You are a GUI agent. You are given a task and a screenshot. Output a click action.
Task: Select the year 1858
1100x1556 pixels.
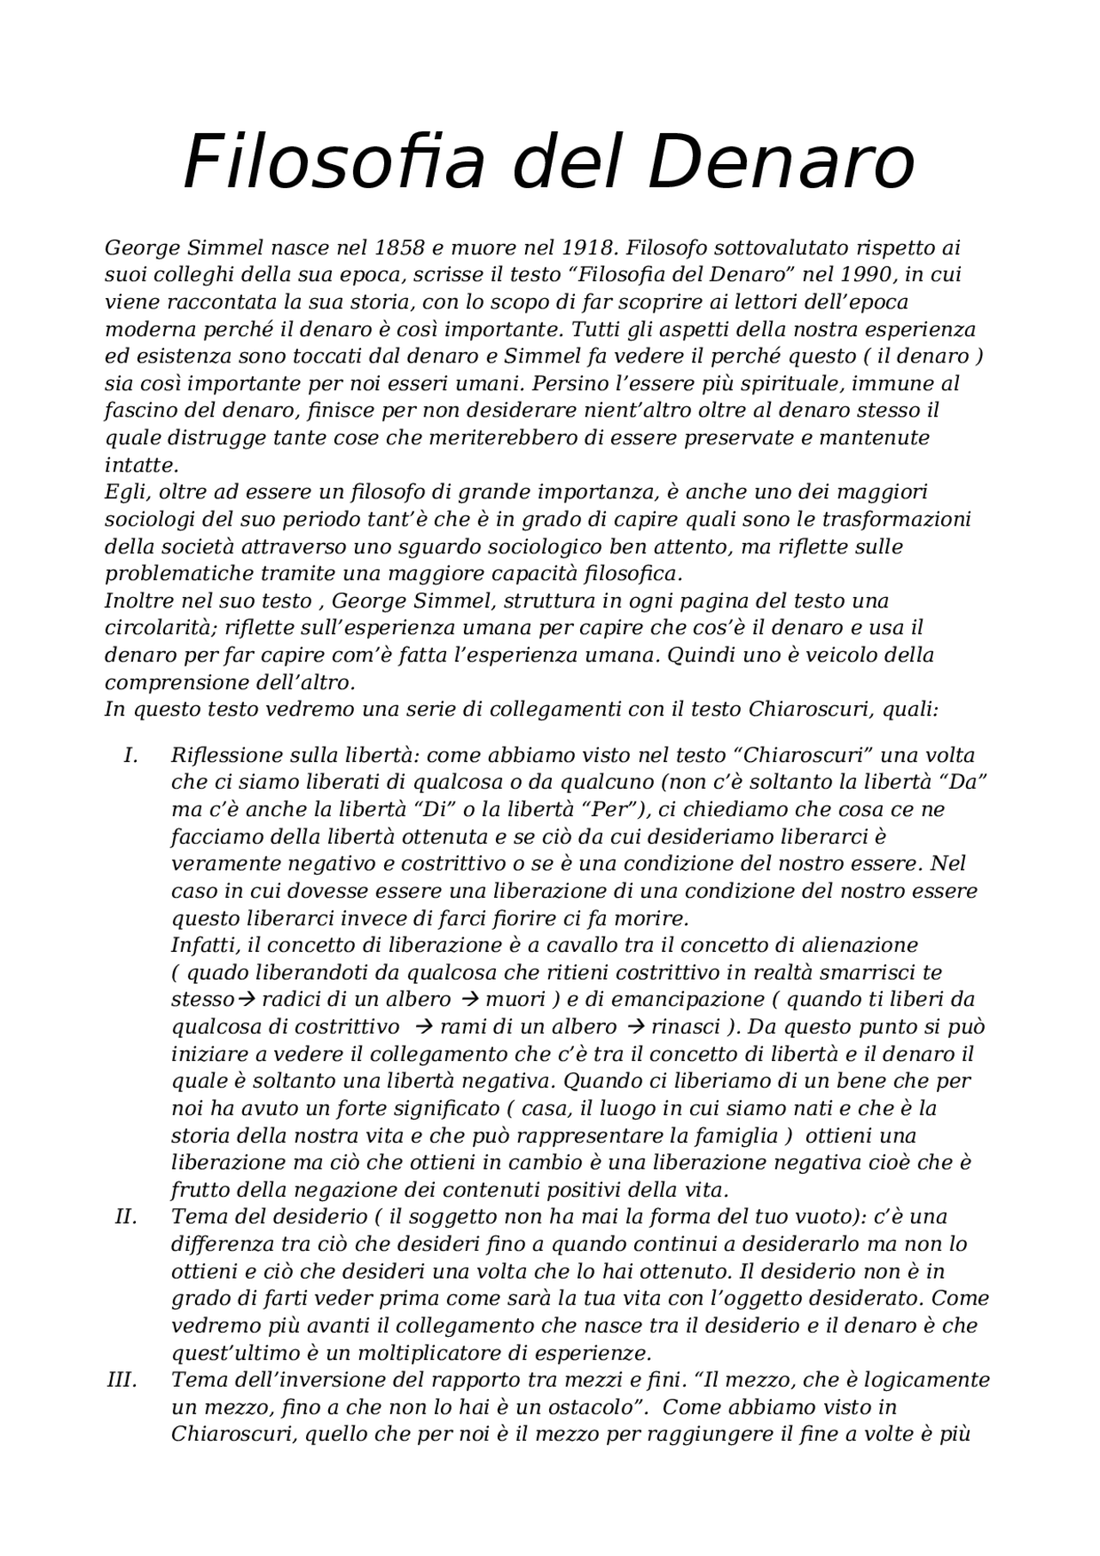[x=400, y=248]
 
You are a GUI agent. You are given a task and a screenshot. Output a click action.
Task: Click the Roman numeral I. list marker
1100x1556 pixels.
[x=131, y=755]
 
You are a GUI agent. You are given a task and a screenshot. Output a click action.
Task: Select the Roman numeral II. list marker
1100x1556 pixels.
[x=126, y=1217]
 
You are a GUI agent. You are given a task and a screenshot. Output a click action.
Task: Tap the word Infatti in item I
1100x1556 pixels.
[x=205, y=945]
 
